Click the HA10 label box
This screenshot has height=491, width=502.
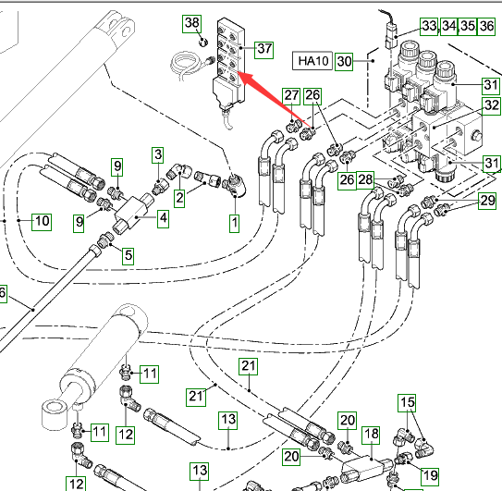(x=312, y=60)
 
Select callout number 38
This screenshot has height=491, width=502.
(x=191, y=23)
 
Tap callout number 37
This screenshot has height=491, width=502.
(x=264, y=50)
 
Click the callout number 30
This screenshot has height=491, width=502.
(x=344, y=61)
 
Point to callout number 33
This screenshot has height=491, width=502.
(x=429, y=26)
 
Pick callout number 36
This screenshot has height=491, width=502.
(x=486, y=26)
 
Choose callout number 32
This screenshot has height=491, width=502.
(x=492, y=105)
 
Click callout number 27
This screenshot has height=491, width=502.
(x=291, y=96)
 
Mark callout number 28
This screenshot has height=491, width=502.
(x=365, y=180)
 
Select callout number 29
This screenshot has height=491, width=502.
(x=487, y=201)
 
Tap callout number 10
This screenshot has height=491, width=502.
(x=42, y=222)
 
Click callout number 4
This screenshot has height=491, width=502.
(x=164, y=218)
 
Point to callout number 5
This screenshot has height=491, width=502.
(x=129, y=256)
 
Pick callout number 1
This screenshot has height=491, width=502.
(x=234, y=223)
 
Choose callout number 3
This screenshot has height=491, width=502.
(x=158, y=155)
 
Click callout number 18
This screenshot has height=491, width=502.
(x=371, y=435)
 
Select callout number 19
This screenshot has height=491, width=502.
(x=429, y=476)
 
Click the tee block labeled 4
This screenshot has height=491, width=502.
(x=133, y=212)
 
